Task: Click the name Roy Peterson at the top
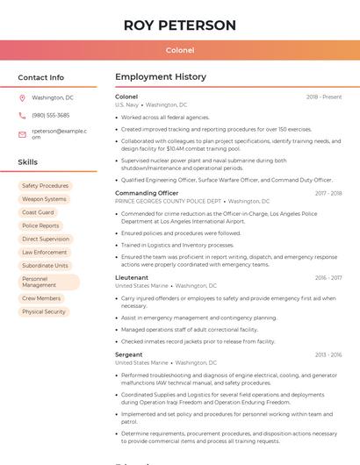point(180,25)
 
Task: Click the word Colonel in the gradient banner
point(180,50)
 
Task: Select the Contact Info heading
point(41,77)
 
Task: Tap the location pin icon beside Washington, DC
point(23,97)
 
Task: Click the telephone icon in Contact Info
point(23,115)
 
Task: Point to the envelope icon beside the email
point(23,133)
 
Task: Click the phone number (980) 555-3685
point(50,115)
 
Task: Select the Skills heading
point(28,162)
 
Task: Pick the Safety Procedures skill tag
point(45,186)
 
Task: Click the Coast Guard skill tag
point(38,212)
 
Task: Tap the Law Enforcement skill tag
point(44,252)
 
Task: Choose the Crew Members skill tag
point(41,298)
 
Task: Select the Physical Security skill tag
point(44,311)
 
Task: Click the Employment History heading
point(161,77)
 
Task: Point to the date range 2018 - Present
point(324,97)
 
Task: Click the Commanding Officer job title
point(147,193)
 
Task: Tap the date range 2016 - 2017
point(328,277)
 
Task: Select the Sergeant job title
point(129,354)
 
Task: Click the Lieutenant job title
point(132,277)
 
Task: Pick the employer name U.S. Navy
point(126,104)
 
